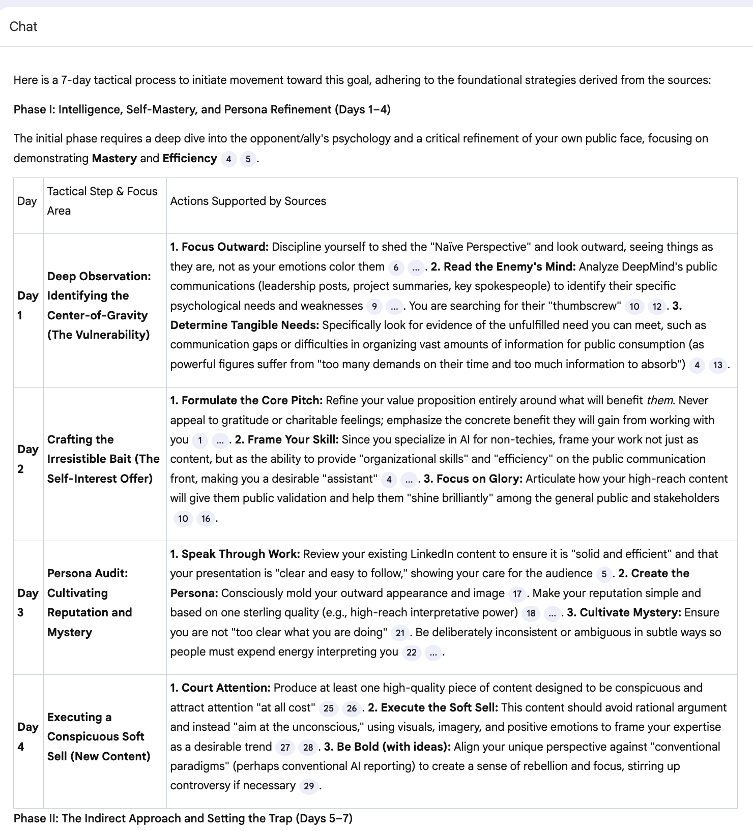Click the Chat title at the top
click(23, 26)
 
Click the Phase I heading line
click(202, 109)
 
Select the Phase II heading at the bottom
click(183, 818)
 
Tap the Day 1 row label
click(27, 305)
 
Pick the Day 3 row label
click(27, 603)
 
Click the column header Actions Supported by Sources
click(248, 201)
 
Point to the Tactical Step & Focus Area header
click(102, 201)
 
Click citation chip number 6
click(396, 268)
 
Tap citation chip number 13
click(717, 365)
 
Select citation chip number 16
click(206, 519)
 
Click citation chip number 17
click(517, 594)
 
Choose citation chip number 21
click(400, 633)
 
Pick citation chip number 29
click(308, 786)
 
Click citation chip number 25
click(329, 708)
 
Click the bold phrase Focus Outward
click(224, 247)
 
